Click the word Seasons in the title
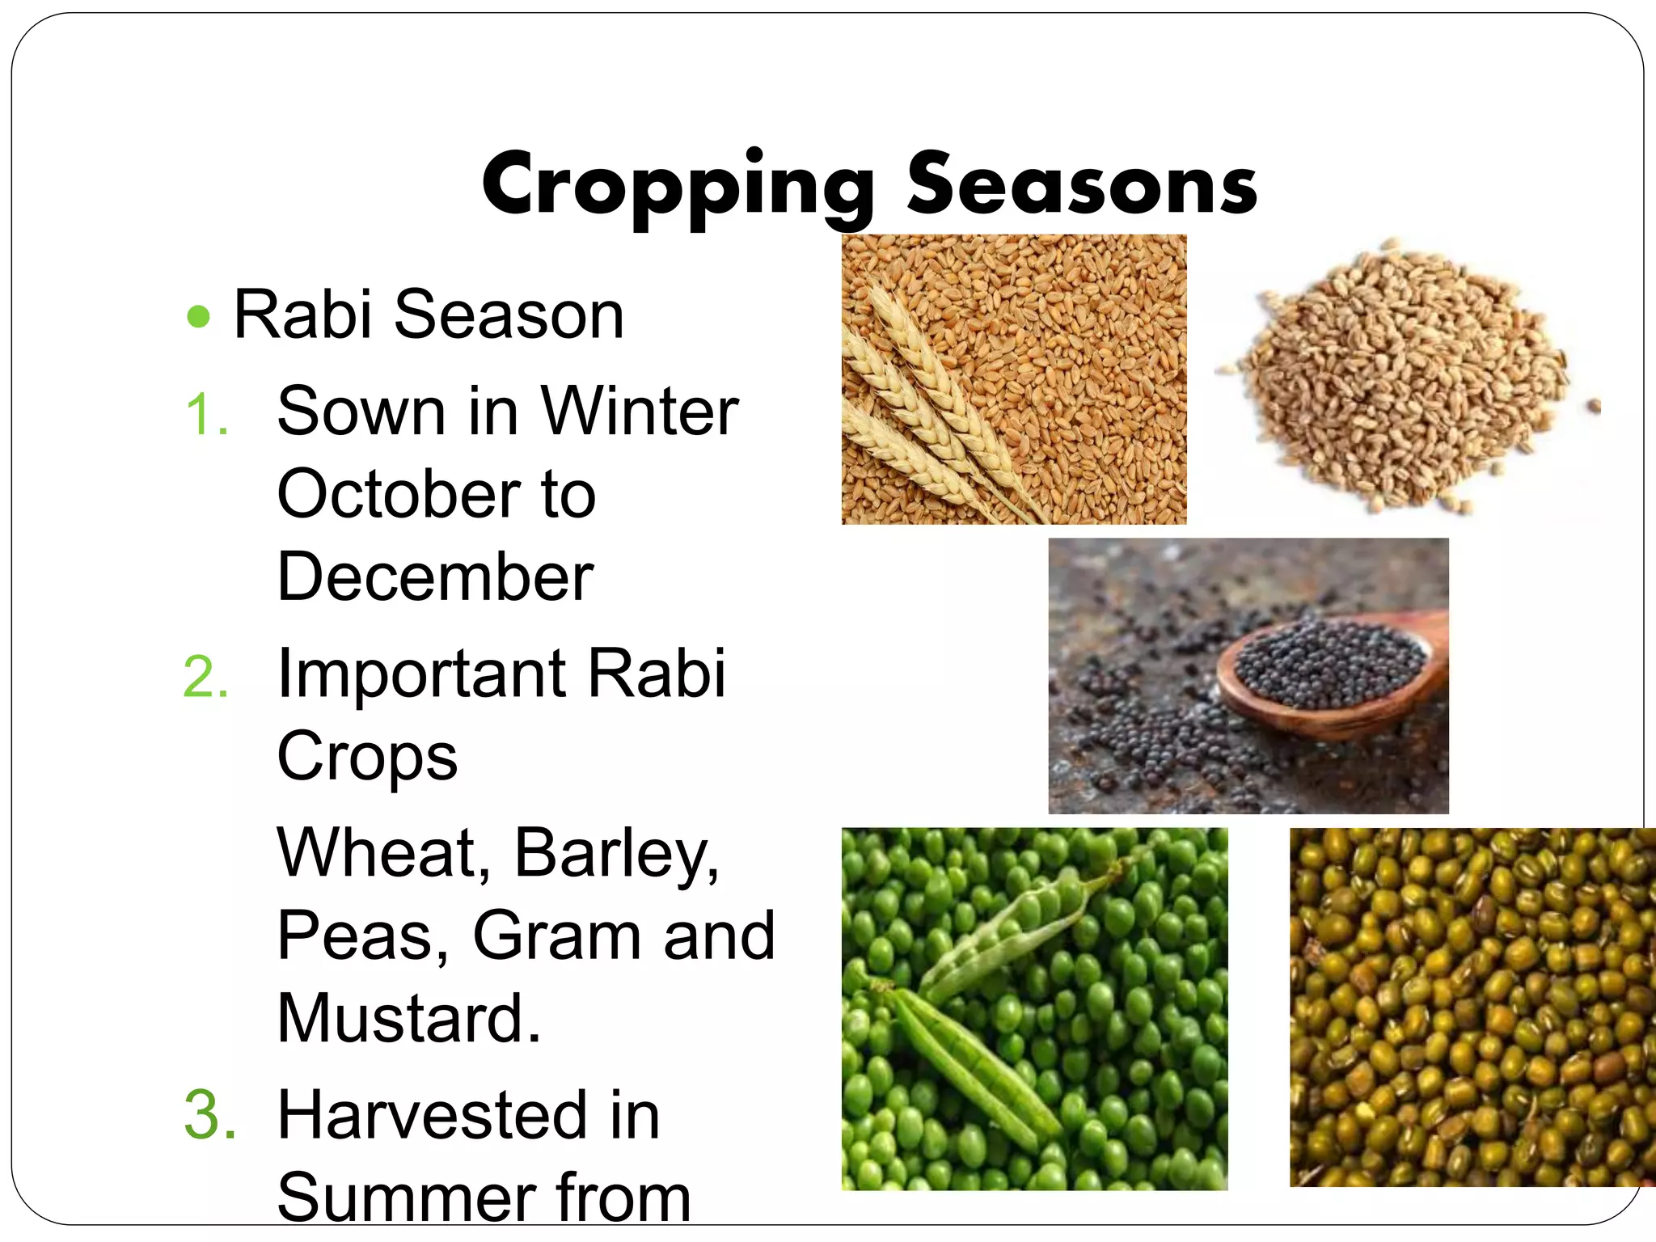click(x=1081, y=184)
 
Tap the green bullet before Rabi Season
click(x=198, y=316)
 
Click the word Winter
click(x=639, y=411)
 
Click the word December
click(x=435, y=577)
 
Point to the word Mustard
click(x=408, y=1018)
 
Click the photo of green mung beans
click(x=1472, y=1007)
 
